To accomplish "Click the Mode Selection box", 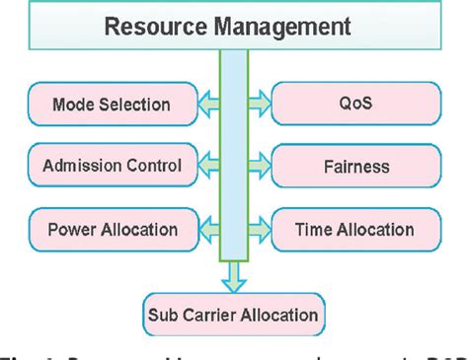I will pos(111,103).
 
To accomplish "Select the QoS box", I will pos(355,103).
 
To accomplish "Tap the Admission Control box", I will pos(111,167).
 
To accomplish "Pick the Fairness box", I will pos(355,167).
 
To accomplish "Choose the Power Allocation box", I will pos(111,230).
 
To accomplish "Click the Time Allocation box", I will pos(355,230).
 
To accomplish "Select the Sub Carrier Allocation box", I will pos(233,315).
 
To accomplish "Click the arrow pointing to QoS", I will pos(260,102).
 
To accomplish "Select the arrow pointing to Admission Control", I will pos(206,166).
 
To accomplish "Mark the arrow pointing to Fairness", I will pos(260,166).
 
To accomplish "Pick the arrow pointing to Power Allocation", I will pos(206,229).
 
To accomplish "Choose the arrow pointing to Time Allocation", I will pos(260,229).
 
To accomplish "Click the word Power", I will pos(70,230).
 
